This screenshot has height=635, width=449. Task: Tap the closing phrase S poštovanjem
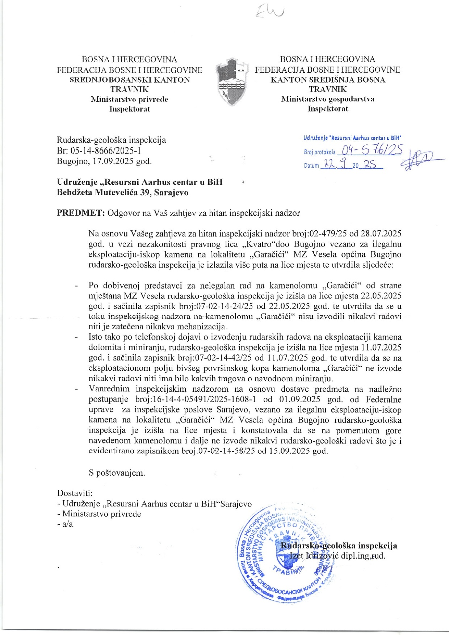(117, 472)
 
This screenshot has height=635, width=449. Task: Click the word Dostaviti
(75, 493)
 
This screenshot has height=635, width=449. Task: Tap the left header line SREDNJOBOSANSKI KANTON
(129, 80)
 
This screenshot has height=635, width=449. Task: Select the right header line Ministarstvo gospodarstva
(328, 99)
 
